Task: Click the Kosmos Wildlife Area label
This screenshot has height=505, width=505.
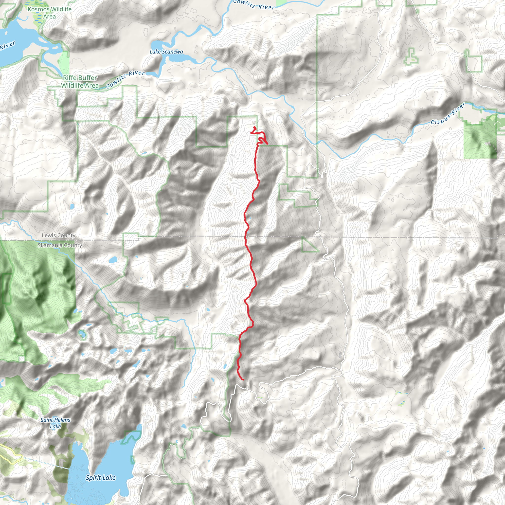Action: (x=49, y=13)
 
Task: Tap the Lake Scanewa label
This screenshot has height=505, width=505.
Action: (x=166, y=52)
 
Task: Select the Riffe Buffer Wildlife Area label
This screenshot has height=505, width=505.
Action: (x=80, y=82)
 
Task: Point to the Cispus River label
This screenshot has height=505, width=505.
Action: (x=448, y=114)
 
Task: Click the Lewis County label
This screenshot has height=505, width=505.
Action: (x=58, y=235)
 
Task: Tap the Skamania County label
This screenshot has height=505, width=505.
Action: (x=60, y=245)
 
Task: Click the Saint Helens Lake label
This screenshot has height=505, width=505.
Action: (x=55, y=423)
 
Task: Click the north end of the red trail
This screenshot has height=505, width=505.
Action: (x=254, y=127)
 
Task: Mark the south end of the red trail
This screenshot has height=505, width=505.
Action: (x=243, y=379)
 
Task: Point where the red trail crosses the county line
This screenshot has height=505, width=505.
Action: (x=245, y=237)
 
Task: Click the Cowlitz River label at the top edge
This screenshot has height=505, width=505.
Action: (x=253, y=4)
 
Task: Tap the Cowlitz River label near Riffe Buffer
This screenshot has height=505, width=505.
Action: (x=125, y=79)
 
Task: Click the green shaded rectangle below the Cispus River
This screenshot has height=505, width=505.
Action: (x=480, y=139)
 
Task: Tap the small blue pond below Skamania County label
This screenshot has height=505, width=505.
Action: (x=113, y=260)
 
